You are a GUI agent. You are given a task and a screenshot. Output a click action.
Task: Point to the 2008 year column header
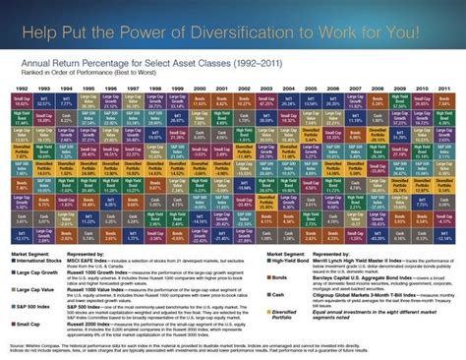click(378, 88)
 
